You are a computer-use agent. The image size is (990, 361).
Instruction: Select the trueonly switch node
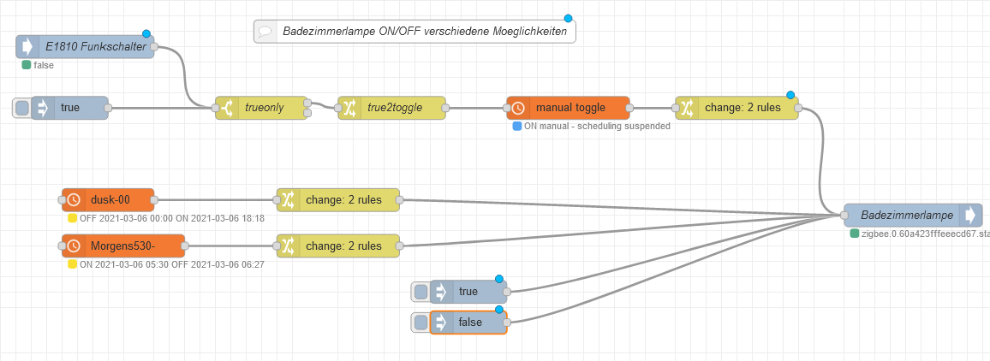262,108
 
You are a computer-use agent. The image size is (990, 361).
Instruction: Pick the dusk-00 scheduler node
110,200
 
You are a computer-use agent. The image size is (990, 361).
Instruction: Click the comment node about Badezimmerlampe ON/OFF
414,32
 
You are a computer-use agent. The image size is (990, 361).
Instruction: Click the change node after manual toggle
741,108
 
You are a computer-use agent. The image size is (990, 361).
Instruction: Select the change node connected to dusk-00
339,200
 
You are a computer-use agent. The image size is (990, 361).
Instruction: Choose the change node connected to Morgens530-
339,246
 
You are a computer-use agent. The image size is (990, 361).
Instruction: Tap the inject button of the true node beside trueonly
21,108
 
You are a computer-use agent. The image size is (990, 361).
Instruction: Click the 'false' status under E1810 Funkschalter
44,65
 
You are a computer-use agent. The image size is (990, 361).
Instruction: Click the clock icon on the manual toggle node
518,108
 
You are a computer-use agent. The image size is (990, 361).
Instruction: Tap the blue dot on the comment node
568,18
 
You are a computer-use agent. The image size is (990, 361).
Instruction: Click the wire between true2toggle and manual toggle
475,108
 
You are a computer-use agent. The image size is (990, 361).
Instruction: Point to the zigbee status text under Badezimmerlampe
925,233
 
